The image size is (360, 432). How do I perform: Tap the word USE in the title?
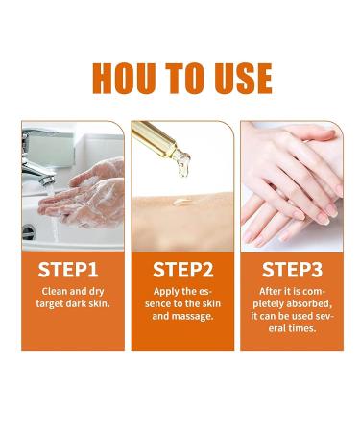(239, 77)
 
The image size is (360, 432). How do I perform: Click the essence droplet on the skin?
(180, 204)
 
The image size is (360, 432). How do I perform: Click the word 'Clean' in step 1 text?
(55, 290)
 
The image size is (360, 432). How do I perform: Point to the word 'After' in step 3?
(273, 290)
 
